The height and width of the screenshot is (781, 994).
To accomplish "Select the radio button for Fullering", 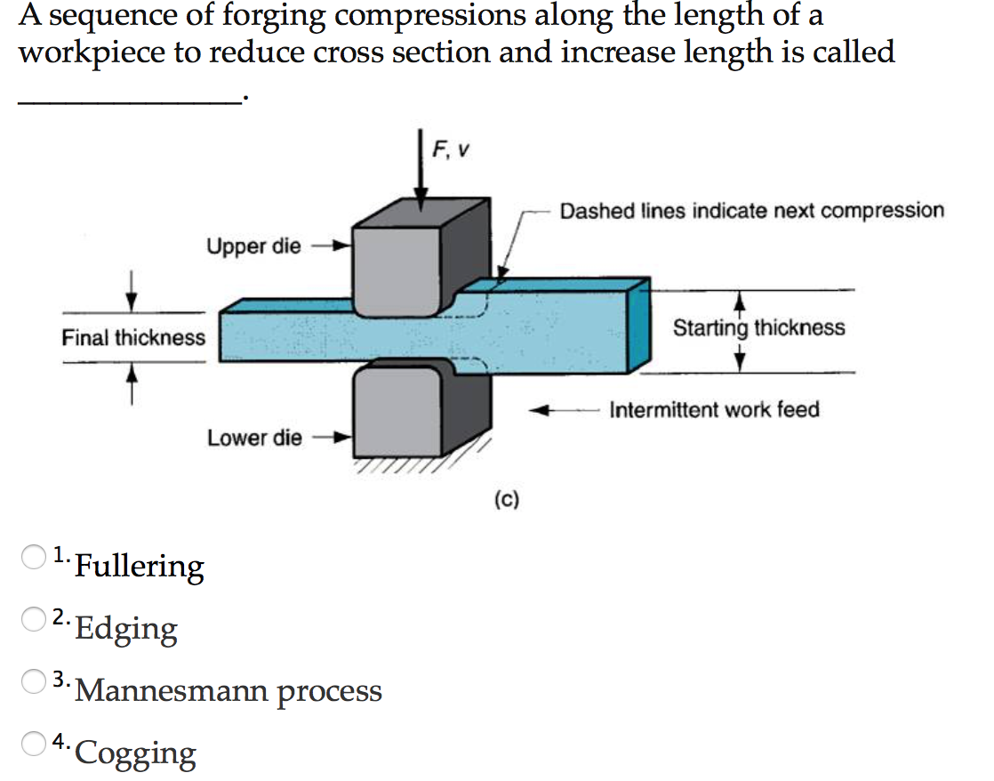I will coord(34,557).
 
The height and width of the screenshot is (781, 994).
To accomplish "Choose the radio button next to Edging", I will coord(34,619).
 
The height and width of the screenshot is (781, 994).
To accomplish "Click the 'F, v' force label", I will coord(451,150).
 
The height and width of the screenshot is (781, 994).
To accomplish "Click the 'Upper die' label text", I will coord(254,246).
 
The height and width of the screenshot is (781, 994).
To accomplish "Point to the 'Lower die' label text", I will coord(254,438).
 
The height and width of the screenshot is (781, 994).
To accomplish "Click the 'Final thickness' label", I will coord(133,338).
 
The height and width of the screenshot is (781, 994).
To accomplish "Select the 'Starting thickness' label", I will coord(758,327).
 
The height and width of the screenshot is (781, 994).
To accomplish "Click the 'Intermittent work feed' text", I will coord(714,410).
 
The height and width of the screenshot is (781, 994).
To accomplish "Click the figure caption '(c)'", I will coord(507,501).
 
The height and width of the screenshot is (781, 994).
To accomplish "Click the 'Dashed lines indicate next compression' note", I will coord(751,211).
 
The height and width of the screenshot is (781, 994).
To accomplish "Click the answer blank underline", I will coord(129,102).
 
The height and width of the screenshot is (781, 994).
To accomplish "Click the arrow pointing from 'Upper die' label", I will coord(333,246).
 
